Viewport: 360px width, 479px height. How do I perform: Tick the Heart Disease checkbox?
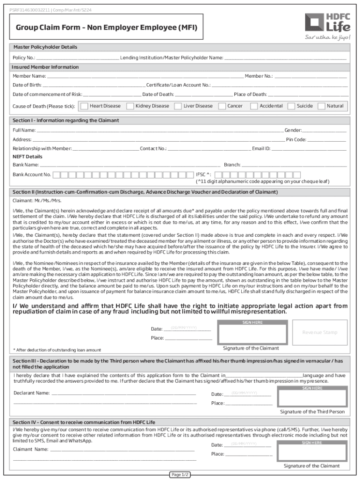point(84,106)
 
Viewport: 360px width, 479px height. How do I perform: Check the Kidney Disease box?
point(130,106)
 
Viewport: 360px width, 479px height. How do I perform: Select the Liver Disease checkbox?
point(178,106)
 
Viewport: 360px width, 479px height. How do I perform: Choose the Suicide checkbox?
point(291,106)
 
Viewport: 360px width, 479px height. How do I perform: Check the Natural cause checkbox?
point(321,106)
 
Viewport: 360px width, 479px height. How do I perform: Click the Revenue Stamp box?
point(319,332)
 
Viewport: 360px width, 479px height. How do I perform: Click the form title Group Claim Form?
point(107,28)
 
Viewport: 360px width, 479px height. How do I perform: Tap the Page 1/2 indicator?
point(180,475)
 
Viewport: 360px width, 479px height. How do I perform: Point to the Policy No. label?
point(24,58)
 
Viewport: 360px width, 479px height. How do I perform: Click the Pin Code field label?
point(296,139)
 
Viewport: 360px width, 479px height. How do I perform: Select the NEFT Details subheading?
point(27,157)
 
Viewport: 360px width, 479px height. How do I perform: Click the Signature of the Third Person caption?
point(312,412)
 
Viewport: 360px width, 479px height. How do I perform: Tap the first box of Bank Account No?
point(56,175)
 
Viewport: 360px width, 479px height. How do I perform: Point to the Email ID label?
point(261,149)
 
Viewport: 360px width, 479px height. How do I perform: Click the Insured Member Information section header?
point(45,67)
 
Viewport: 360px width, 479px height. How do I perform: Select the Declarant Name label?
point(32,393)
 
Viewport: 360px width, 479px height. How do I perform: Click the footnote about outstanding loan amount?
point(57,350)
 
